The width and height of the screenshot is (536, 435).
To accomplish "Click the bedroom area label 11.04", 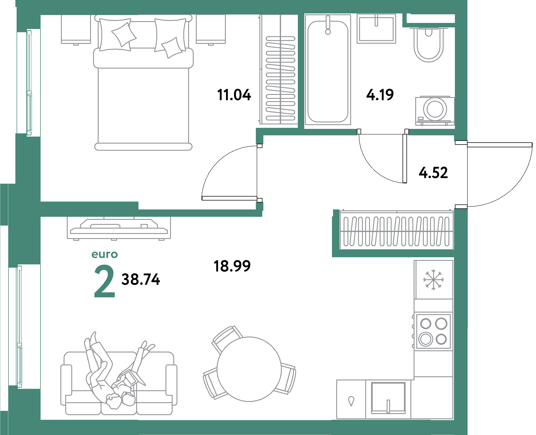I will (234, 95).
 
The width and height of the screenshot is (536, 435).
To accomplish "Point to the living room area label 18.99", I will (232, 266).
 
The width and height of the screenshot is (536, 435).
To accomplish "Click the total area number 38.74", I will (141, 279).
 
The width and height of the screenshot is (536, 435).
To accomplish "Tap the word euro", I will (105, 254).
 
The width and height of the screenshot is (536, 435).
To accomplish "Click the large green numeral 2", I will (104, 281).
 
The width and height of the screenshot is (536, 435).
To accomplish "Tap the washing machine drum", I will (435, 109).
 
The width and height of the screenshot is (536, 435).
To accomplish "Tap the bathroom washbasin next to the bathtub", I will (376, 29).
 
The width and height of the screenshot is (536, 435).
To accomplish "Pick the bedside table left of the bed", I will (76, 29).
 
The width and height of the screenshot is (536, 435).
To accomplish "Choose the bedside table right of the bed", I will (211, 29).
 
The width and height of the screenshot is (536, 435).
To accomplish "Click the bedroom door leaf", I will (229, 198).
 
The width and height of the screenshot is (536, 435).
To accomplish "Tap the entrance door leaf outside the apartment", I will (500, 145).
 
